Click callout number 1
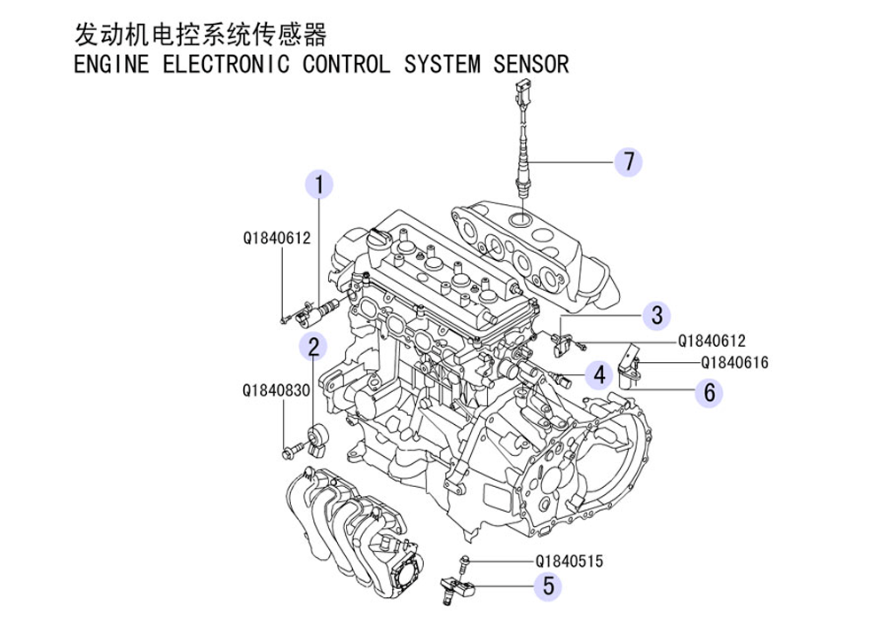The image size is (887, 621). pyautogui.click(x=319, y=185)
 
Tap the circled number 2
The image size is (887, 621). pyautogui.click(x=312, y=345)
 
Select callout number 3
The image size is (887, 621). pyautogui.click(x=656, y=314)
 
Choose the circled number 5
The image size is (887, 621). pyautogui.click(x=548, y=585)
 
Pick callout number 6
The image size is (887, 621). pyautogui.click(x=709, y=391)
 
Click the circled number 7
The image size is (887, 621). pyautogui.click(x=629, y=162)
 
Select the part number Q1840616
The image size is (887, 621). pyautogui.click(x=734, y=363)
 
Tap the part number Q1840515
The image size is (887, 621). pyautogui.click(x=569, y=561)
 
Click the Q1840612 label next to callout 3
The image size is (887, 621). pyautogui.click(x=711, y=341)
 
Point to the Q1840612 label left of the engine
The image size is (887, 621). pyautogui.click(x=277, y=238)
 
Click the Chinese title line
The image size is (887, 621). pyautogui.click(x=200, y=35)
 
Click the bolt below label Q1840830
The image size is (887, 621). pyautogui.click(x=287, y=453)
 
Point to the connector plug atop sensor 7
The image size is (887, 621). pyautogui.click(x=520, y=92)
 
